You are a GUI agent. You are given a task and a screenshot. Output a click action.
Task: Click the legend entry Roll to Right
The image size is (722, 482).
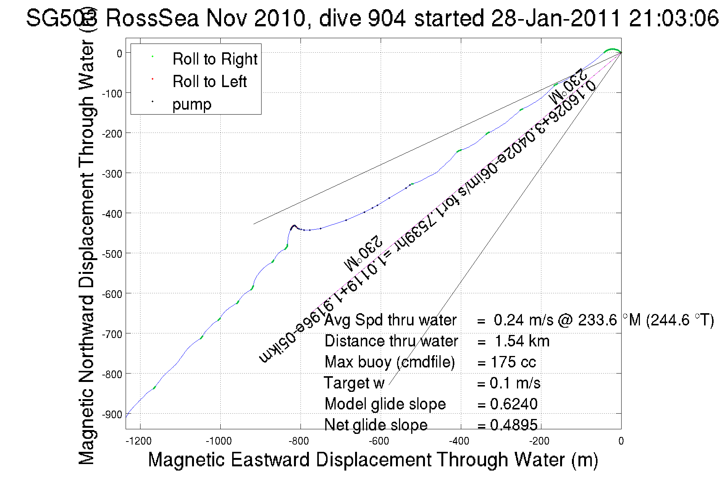[x=215, y=59]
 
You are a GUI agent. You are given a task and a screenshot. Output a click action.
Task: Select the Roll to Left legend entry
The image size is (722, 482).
[x=209, y=82]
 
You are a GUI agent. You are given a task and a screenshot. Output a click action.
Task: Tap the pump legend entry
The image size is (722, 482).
[x=192, y=104]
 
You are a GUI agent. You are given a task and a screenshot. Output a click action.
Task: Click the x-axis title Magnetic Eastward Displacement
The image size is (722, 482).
[x=373, y=459]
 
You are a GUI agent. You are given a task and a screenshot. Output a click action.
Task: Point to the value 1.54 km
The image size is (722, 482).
[x=522, y=341]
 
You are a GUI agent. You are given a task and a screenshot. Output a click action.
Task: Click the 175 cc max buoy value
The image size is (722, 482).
[x=513, y=362]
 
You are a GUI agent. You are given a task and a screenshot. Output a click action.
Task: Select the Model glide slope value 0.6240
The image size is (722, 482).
[x=514, y=404]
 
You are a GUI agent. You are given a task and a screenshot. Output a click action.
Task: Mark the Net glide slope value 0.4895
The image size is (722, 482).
[x=514, y=425]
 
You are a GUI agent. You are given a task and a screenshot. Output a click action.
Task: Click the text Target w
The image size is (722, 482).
[x=354, y=383]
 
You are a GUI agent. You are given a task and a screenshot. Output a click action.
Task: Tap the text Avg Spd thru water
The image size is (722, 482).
[x=390, y=320]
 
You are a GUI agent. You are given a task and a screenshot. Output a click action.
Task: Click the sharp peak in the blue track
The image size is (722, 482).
[x=294, y=226]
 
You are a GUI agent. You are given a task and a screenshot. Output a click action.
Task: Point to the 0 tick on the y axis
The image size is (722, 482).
[x=119, y=53]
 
